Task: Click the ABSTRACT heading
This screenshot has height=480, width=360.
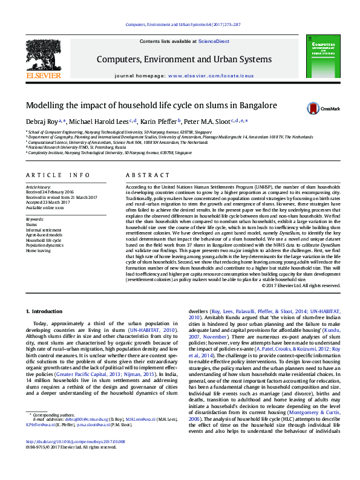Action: [x=145, y=175]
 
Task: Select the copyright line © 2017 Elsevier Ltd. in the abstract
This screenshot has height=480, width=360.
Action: [x=306, y=285]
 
